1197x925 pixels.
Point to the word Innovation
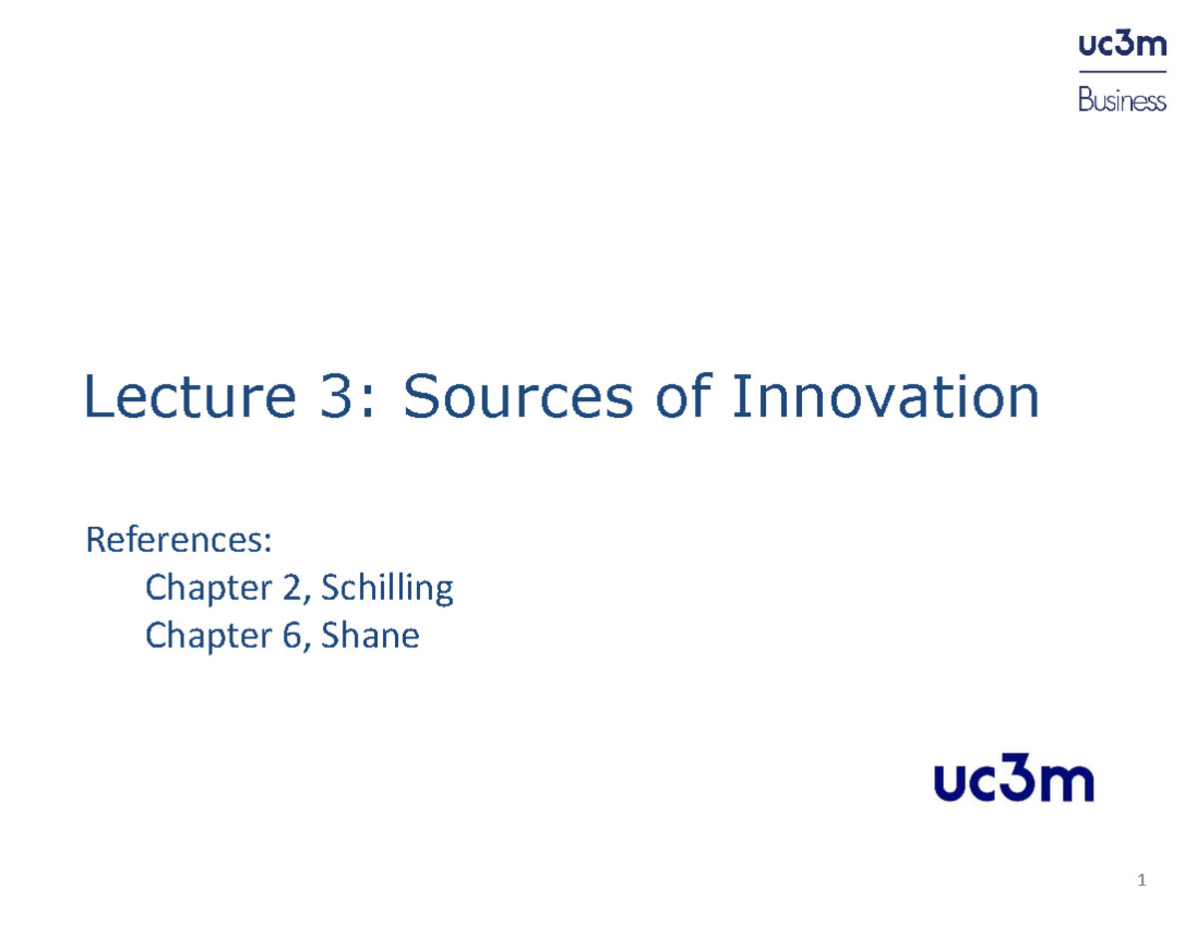click(885, 398)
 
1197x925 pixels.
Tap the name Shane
click(373, 636)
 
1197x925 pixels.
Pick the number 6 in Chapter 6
click(291, 636)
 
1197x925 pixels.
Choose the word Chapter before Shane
click(208, 636)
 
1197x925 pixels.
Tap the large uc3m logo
click(1013, 782)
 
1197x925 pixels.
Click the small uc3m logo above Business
click(1122, 46)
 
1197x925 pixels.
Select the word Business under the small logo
click(1122, 101)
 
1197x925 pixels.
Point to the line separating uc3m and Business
click(1122, 73)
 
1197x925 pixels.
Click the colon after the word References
click(267, 544)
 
